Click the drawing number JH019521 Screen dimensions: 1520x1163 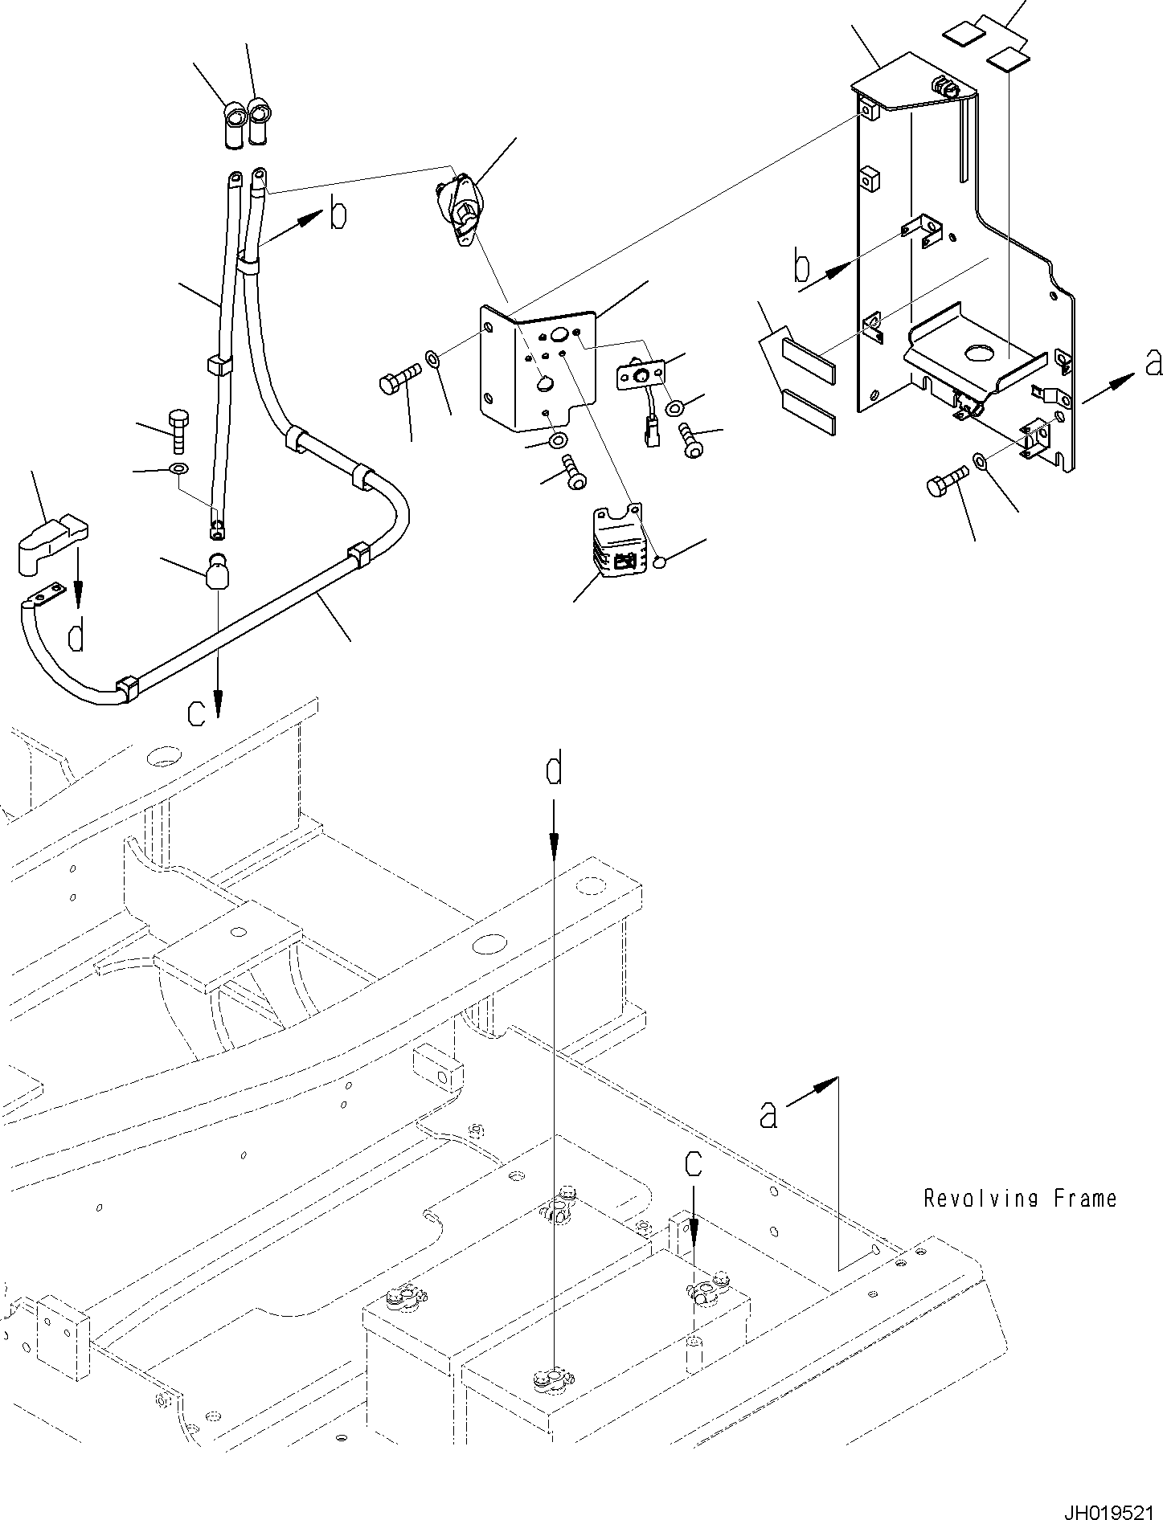click(1110, 1508)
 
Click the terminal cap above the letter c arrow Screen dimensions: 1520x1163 click(217, 574)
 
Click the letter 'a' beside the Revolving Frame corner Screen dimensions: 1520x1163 click(768, 1115)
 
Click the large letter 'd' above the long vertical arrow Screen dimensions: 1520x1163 click(554, 770)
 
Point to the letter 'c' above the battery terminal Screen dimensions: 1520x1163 click(693, 1164)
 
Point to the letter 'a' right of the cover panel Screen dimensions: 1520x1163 click(1153, 364)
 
